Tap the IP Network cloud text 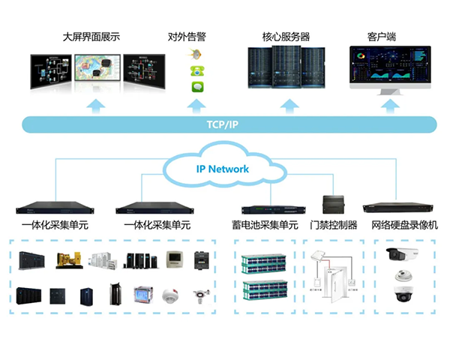pos(222,169)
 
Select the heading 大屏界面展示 pos(91,36)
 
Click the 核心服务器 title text pos(286,36)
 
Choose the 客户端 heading pos(382,36)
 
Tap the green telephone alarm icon pos(196,71)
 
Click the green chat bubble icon pos(196,88)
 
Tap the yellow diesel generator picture pos(65,260)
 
